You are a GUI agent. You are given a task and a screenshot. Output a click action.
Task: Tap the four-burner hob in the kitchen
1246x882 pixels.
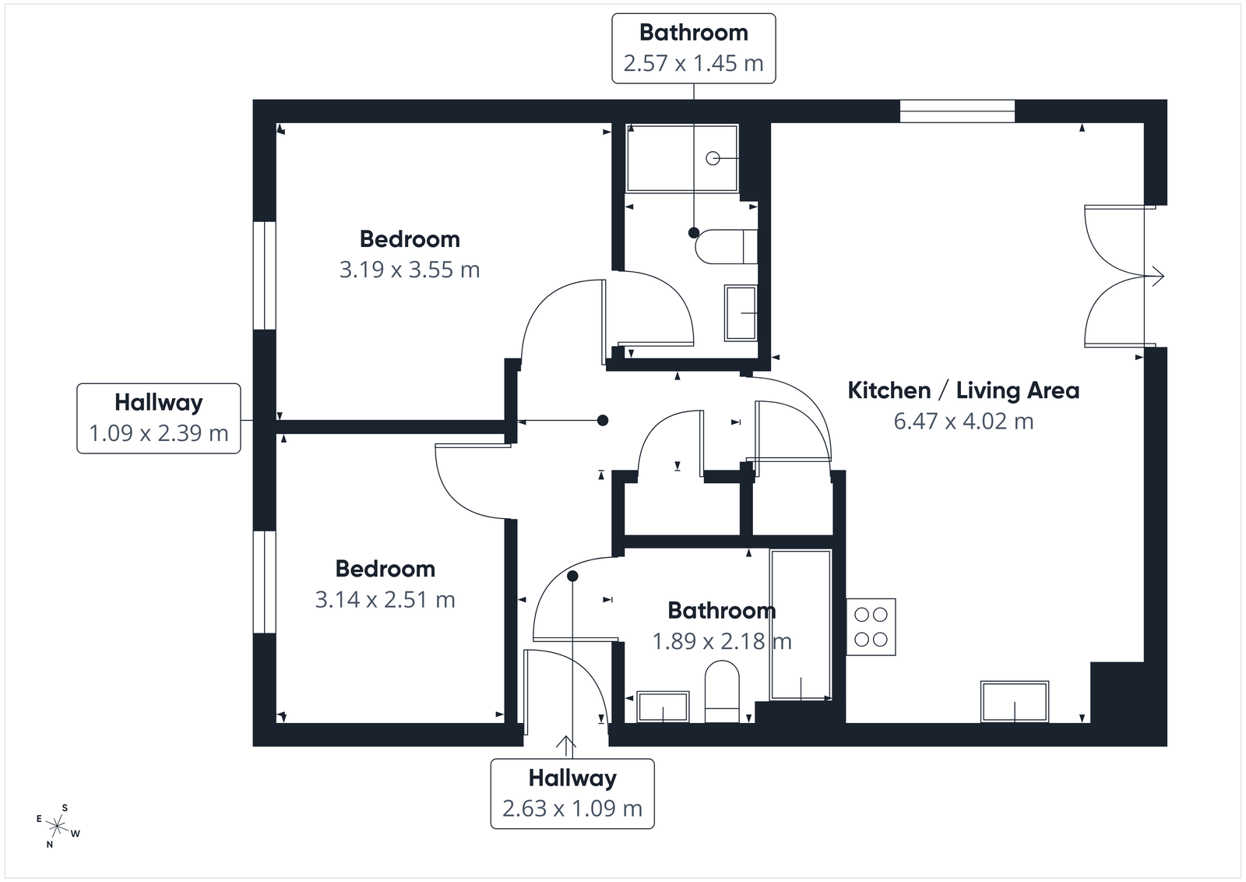[871, 626]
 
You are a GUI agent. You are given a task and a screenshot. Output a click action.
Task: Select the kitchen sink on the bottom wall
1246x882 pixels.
[1015, 702]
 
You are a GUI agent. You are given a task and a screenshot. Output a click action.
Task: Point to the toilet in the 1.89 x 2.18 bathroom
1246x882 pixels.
[722, 690]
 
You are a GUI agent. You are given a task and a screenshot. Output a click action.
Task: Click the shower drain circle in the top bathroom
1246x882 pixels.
[713, 158]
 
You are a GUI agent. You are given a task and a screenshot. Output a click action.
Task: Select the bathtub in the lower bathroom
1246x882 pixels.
[801, 624]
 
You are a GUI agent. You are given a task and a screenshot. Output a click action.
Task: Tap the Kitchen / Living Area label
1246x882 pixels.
[963, 390]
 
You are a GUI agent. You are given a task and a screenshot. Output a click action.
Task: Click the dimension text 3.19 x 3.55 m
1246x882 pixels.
[410, 270]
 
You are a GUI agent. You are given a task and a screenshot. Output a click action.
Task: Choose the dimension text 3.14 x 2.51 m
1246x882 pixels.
[385, 599]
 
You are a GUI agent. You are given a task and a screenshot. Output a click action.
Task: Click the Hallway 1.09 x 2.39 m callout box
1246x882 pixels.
[159, 418]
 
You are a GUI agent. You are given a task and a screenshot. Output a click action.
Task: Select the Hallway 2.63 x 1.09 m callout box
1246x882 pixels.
[572, 793]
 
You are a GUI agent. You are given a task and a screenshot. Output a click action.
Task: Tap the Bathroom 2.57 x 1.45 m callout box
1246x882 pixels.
[693, 48]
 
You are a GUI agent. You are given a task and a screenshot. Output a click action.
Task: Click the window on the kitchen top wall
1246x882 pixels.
[957, 111]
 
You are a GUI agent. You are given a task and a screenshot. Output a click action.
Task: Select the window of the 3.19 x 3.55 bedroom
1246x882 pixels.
[265, 275]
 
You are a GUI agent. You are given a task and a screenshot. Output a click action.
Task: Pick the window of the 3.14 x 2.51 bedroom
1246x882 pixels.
[265, 582]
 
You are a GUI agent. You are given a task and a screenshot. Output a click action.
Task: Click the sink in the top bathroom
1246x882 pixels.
[741, 312]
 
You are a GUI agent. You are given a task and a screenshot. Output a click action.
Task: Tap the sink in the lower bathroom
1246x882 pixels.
[663, 707]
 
